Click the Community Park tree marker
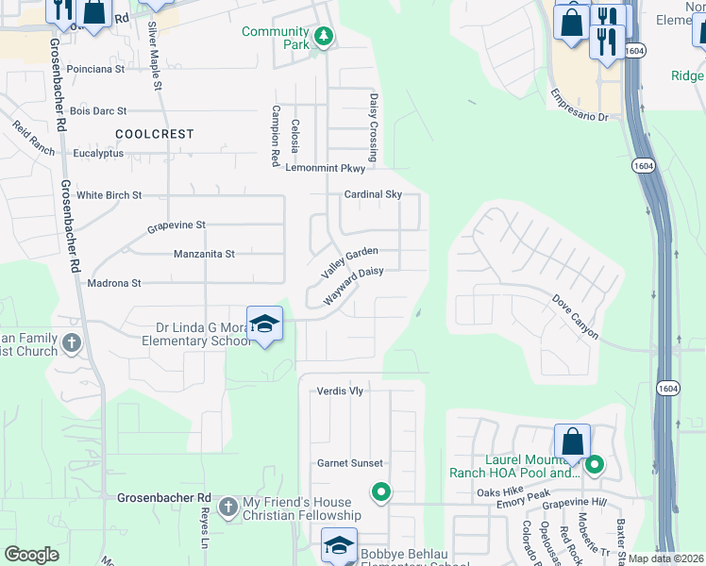click(324, 37)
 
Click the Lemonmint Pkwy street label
click(325, 168)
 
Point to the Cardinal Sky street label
click(372, 194)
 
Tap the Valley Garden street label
click(349, 263)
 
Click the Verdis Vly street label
click(340, 391)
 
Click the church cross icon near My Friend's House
click(227, 508)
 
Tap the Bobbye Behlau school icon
click(339, 544)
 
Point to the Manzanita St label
click(204, 254)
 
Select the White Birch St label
click(109, 195)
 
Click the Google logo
click(31, 555)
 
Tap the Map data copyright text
click(665, 558)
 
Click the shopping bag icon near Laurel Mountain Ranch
click(572, 441)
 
